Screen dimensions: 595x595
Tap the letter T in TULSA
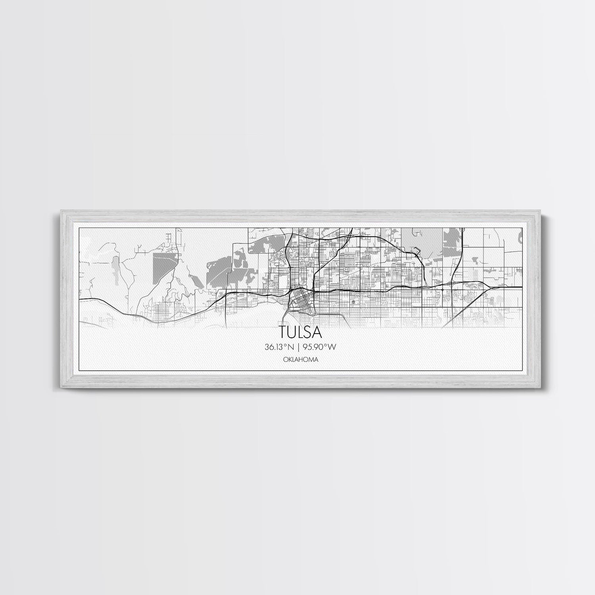pyautogui.click(x=283, y=331)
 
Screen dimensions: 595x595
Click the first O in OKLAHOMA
pyautogui.click(x=286, y=359)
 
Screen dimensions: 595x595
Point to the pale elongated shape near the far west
pyautogui.click(x=115, y=267)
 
